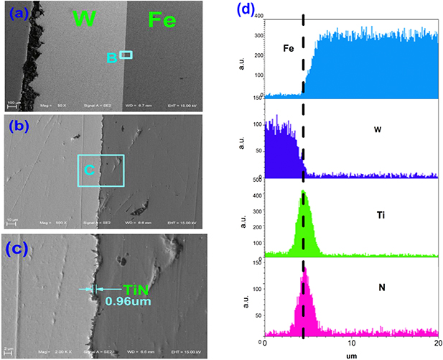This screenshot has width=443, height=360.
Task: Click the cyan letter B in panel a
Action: [x=112, y=58]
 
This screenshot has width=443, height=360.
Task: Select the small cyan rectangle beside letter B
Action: [x=126, y=55]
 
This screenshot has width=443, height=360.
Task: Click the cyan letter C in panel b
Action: [x=90, y=170]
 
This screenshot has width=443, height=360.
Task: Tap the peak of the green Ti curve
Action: [x=304, y=193]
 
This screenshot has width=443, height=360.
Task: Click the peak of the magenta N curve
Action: [x=304, y=269]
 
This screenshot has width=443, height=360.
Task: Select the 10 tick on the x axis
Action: [x=352, y=343]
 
